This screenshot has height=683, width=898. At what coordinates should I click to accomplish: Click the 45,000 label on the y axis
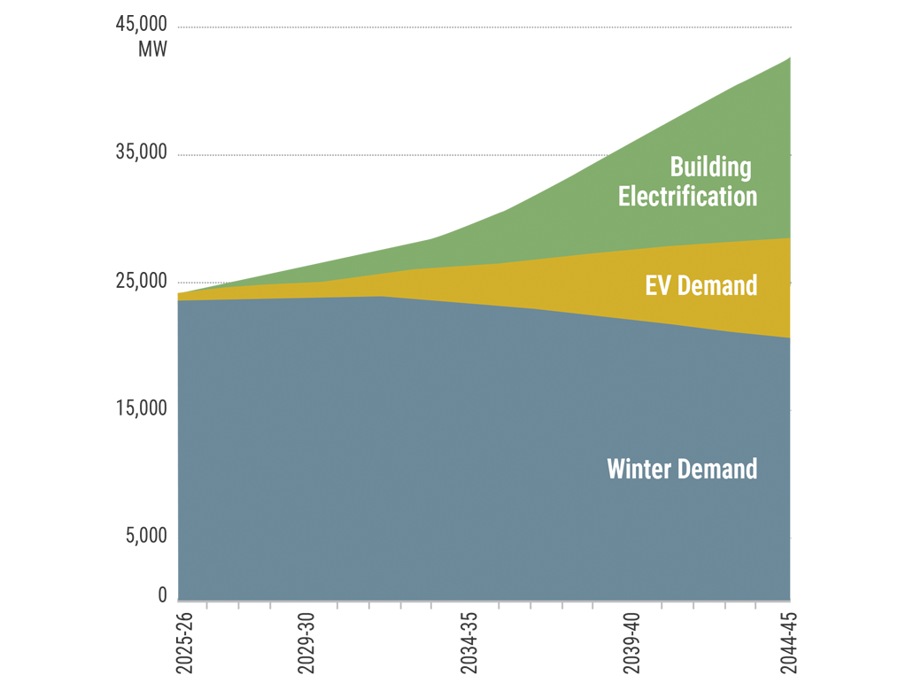click(x=141, y=25)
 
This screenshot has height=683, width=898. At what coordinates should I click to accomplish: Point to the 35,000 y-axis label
click(x=141, y=152)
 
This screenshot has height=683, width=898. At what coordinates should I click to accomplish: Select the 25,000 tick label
click(x=141, y=281)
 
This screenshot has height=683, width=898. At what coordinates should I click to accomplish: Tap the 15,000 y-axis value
click(x=141, y=408)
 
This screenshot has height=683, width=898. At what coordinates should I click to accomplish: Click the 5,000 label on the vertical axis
click(x=145, y=535)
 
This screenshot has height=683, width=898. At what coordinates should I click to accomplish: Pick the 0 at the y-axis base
click(x=162, y=595)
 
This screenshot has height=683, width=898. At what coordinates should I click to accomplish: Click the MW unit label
click(x=152, y=50)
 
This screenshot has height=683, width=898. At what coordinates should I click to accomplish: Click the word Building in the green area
click(x=710, y=167)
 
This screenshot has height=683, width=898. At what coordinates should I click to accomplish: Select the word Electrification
click(x=687, y=196)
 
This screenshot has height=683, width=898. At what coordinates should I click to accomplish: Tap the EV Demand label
click(x=701, y=285)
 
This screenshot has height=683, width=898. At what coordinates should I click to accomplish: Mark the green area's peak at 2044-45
click(x=789, y=58)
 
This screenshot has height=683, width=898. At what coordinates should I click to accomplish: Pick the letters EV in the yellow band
click(x=658, y=285)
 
